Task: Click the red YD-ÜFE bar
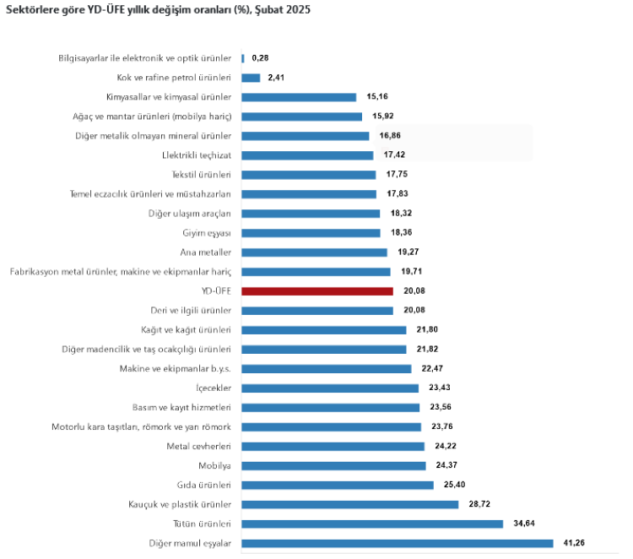pos(316,291)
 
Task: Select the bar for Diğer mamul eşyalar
pos(397,544)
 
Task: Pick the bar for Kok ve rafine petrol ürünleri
pos(251,78)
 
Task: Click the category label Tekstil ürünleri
pos(201,175)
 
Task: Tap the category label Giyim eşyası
pos(207,233)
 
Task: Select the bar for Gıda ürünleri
pos(337,486)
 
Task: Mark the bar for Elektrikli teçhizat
pos(307,155)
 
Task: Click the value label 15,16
pos(376,97)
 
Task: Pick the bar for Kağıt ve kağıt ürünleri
pos(323,330)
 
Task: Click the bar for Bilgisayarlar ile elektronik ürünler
pos(243,58)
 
